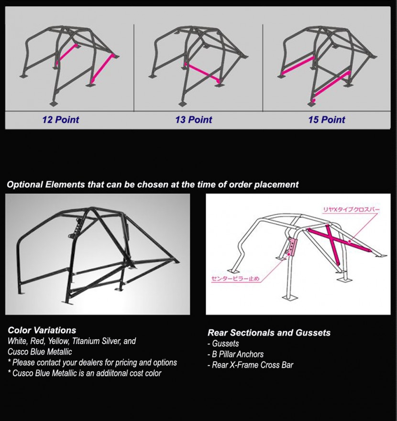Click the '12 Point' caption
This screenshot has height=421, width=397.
click(60, 119)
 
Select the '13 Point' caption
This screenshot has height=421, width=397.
click(194, 119)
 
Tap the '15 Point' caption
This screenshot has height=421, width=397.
click(327, 119)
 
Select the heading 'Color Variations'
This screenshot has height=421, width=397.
click(42, 330)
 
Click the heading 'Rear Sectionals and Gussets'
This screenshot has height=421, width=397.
click(269, 333)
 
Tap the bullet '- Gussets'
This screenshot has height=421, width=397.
click(223, 344)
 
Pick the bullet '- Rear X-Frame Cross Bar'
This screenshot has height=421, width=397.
click(250, 365)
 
